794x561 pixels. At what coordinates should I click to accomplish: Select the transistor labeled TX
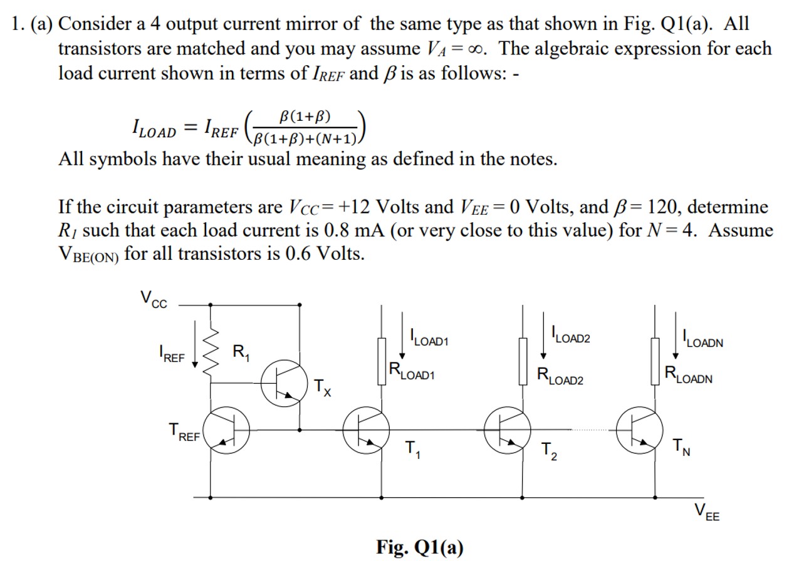tap(283, 385)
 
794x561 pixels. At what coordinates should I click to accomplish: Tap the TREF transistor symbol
tap(227, 431)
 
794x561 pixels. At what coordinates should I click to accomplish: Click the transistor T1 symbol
tap(366, 431)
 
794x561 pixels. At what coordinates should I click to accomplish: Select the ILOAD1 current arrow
tap(402, 344)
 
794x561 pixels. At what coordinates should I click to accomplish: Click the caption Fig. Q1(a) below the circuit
tap(420, 547)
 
